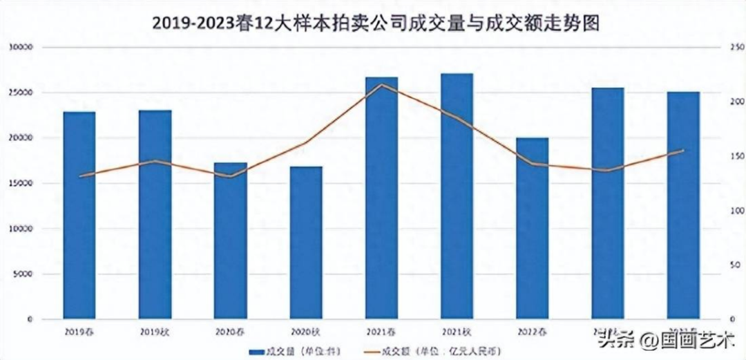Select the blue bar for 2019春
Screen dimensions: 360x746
click(79, 214)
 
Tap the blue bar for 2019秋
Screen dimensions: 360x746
click(155, 214)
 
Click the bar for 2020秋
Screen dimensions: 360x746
click(305, 242)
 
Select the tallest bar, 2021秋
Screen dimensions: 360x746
click(457, 196)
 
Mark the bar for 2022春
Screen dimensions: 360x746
click(532, 228)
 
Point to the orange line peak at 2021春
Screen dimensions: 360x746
click(381, 85)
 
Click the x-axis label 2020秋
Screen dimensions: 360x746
click(305, 332)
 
